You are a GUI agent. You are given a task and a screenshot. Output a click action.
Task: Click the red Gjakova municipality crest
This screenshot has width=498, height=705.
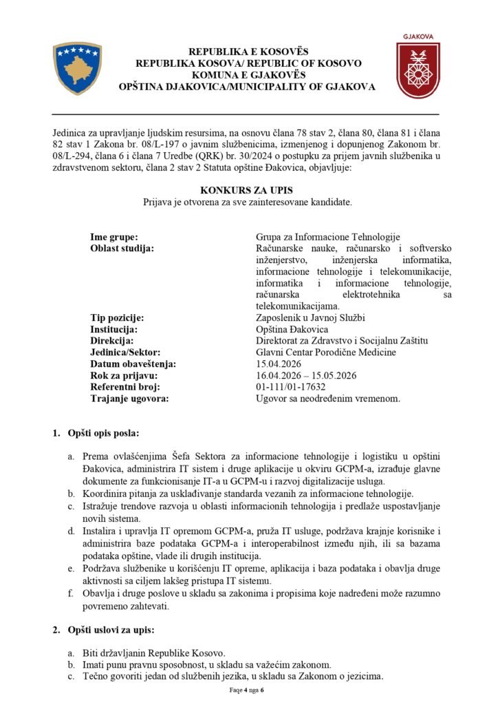click(418, 70)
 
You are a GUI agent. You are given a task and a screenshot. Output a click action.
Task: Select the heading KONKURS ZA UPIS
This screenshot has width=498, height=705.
click(248, 189)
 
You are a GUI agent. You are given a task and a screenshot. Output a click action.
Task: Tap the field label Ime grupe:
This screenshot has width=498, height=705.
click(114, 237)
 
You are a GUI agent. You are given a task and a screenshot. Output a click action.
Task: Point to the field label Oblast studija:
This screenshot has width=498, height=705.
click(122, 248)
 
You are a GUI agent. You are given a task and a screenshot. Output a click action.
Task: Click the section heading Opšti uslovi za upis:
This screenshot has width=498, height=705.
click(111, 630)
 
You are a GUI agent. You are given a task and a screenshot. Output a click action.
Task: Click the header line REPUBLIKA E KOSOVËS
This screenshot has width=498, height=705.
click(248, 52)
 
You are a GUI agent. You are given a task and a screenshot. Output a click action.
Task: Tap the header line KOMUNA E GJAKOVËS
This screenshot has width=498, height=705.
click(248, 74)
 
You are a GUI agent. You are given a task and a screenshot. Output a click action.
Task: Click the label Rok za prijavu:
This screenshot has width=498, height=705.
click(124, 375)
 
